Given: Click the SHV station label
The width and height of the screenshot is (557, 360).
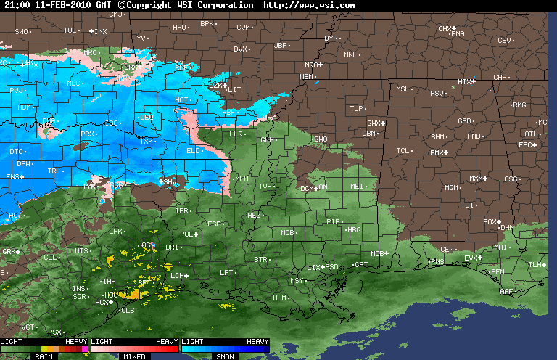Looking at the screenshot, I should (x=170, y=181).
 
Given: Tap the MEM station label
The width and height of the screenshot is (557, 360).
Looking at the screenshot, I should (x=306, y=76).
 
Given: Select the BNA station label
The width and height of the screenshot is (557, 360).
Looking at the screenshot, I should (x=458, y=33).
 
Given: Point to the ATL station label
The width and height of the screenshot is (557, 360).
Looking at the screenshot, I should (x=531, y=134).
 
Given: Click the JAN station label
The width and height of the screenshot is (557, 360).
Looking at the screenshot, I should (x=323, y=187).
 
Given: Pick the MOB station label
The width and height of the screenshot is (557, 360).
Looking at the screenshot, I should (x=376, y=253).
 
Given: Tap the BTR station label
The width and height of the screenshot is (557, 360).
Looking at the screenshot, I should (x=260, y=259).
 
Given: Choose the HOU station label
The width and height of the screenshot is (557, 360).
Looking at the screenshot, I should (x=111, y=295).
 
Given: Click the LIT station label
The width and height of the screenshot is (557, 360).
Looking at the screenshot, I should (x=234, y=89).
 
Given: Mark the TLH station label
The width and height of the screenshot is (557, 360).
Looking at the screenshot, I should (x=535, y=265).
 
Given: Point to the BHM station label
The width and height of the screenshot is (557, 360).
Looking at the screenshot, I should (x=438, y=136).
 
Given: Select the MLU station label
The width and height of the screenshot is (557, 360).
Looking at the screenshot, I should (x=242, y=179).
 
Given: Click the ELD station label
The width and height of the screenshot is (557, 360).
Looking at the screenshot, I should (x=193, y=151).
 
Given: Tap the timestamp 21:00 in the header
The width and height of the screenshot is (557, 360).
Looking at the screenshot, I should (x=15, y=5).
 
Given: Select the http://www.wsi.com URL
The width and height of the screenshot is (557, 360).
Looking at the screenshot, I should (x=309, y=5).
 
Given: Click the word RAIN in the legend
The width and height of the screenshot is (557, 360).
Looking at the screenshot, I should (x=44, y=356).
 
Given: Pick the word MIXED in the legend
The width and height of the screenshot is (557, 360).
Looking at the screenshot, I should (x=134, y=356).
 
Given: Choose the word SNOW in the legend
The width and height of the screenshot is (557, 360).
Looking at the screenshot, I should (x=225, y=356).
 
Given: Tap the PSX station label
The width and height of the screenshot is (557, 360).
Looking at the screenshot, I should (x=54, y=332).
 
